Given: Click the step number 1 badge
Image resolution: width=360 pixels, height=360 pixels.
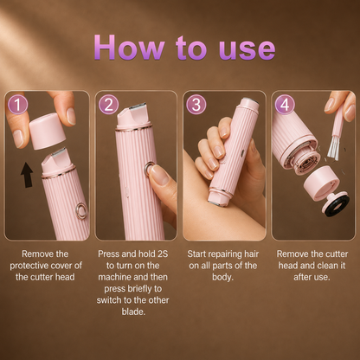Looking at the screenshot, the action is pos(17,105).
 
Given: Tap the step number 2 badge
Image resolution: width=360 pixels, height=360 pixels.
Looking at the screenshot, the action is pos(108,105).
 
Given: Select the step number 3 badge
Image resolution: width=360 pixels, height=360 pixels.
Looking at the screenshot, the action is pos(196,105).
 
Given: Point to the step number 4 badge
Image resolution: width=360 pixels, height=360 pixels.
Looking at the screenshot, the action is pos(285,105).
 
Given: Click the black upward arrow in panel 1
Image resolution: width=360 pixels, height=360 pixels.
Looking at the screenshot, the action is pos(27,175).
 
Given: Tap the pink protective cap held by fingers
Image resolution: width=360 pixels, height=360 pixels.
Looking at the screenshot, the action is pos(48,131).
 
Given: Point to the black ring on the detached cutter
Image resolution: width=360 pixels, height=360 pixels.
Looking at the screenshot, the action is pos(337,206).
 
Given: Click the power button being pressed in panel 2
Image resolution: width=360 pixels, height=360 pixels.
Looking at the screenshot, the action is pos(149,169).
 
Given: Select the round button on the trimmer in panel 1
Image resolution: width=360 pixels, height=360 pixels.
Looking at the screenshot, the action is pos(81,210).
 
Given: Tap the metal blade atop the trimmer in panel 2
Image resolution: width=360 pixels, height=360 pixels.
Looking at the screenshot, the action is pos(138,106).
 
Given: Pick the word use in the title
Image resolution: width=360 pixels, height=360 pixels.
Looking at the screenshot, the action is pos(247,49).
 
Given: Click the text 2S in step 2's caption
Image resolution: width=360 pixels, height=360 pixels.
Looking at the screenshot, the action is pos(163,254).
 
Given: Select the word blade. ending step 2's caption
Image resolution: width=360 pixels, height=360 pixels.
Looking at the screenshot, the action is pos(133,312).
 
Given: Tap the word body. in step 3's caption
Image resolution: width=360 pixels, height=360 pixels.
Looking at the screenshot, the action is pos(222,277).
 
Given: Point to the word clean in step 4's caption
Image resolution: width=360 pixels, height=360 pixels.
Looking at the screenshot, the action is pos(325,266).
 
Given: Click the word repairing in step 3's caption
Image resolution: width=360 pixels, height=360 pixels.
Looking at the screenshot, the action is pos(226,254).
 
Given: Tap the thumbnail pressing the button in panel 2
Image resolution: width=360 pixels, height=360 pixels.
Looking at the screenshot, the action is pos(159,174).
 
